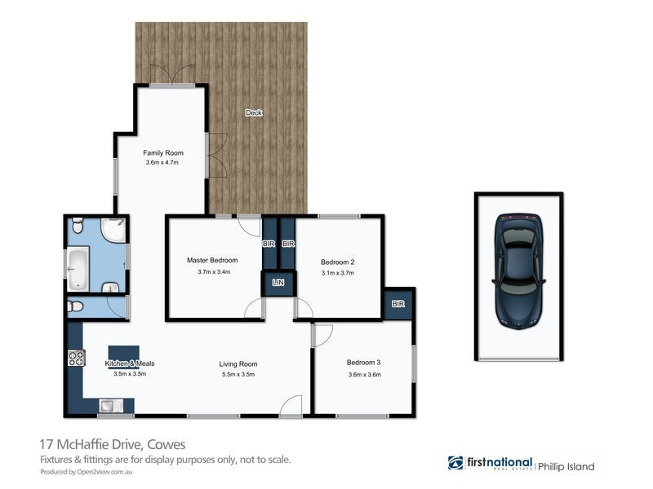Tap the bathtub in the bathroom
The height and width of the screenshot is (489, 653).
78,270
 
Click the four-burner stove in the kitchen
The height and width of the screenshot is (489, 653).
76,357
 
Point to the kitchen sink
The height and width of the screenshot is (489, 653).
110,404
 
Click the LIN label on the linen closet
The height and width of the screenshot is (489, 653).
278,283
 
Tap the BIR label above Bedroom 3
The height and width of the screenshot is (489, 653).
398,304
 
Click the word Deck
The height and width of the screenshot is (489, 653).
254,113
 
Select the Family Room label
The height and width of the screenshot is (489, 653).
162,152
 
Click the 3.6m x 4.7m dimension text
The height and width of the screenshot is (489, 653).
162,163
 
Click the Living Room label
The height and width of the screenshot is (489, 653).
238,364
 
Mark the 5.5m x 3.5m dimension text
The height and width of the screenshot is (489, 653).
238,375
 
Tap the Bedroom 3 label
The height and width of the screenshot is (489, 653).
364,363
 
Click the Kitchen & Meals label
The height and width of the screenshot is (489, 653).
129,363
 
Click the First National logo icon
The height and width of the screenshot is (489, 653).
455,463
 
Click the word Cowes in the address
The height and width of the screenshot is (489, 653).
166,445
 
